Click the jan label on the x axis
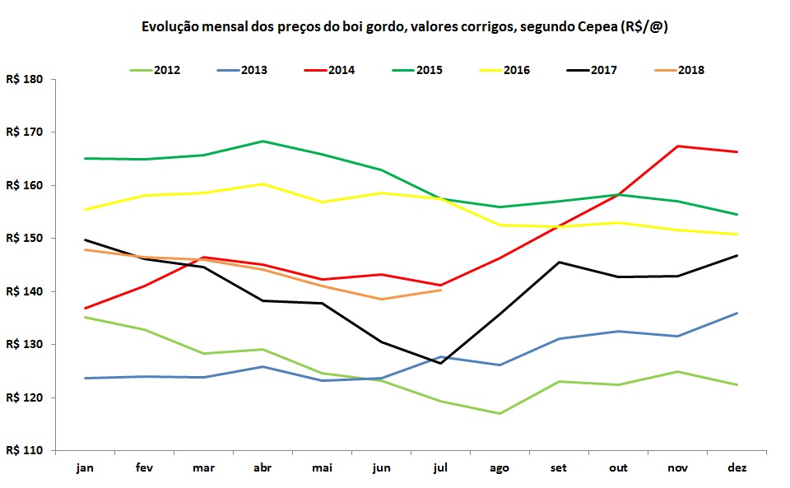click(86, 467)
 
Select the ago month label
click(500, 467)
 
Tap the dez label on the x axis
click(737, 467)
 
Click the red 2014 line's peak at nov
click(677, 146)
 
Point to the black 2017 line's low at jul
click(440, 363)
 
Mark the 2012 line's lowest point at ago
click(500, 413)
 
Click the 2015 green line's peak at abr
click(263, 142)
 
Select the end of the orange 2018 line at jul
click(440, 290)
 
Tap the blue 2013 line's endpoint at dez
click(737, 313)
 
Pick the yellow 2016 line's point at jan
click(86, 210)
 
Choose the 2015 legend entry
click(428, 70)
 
